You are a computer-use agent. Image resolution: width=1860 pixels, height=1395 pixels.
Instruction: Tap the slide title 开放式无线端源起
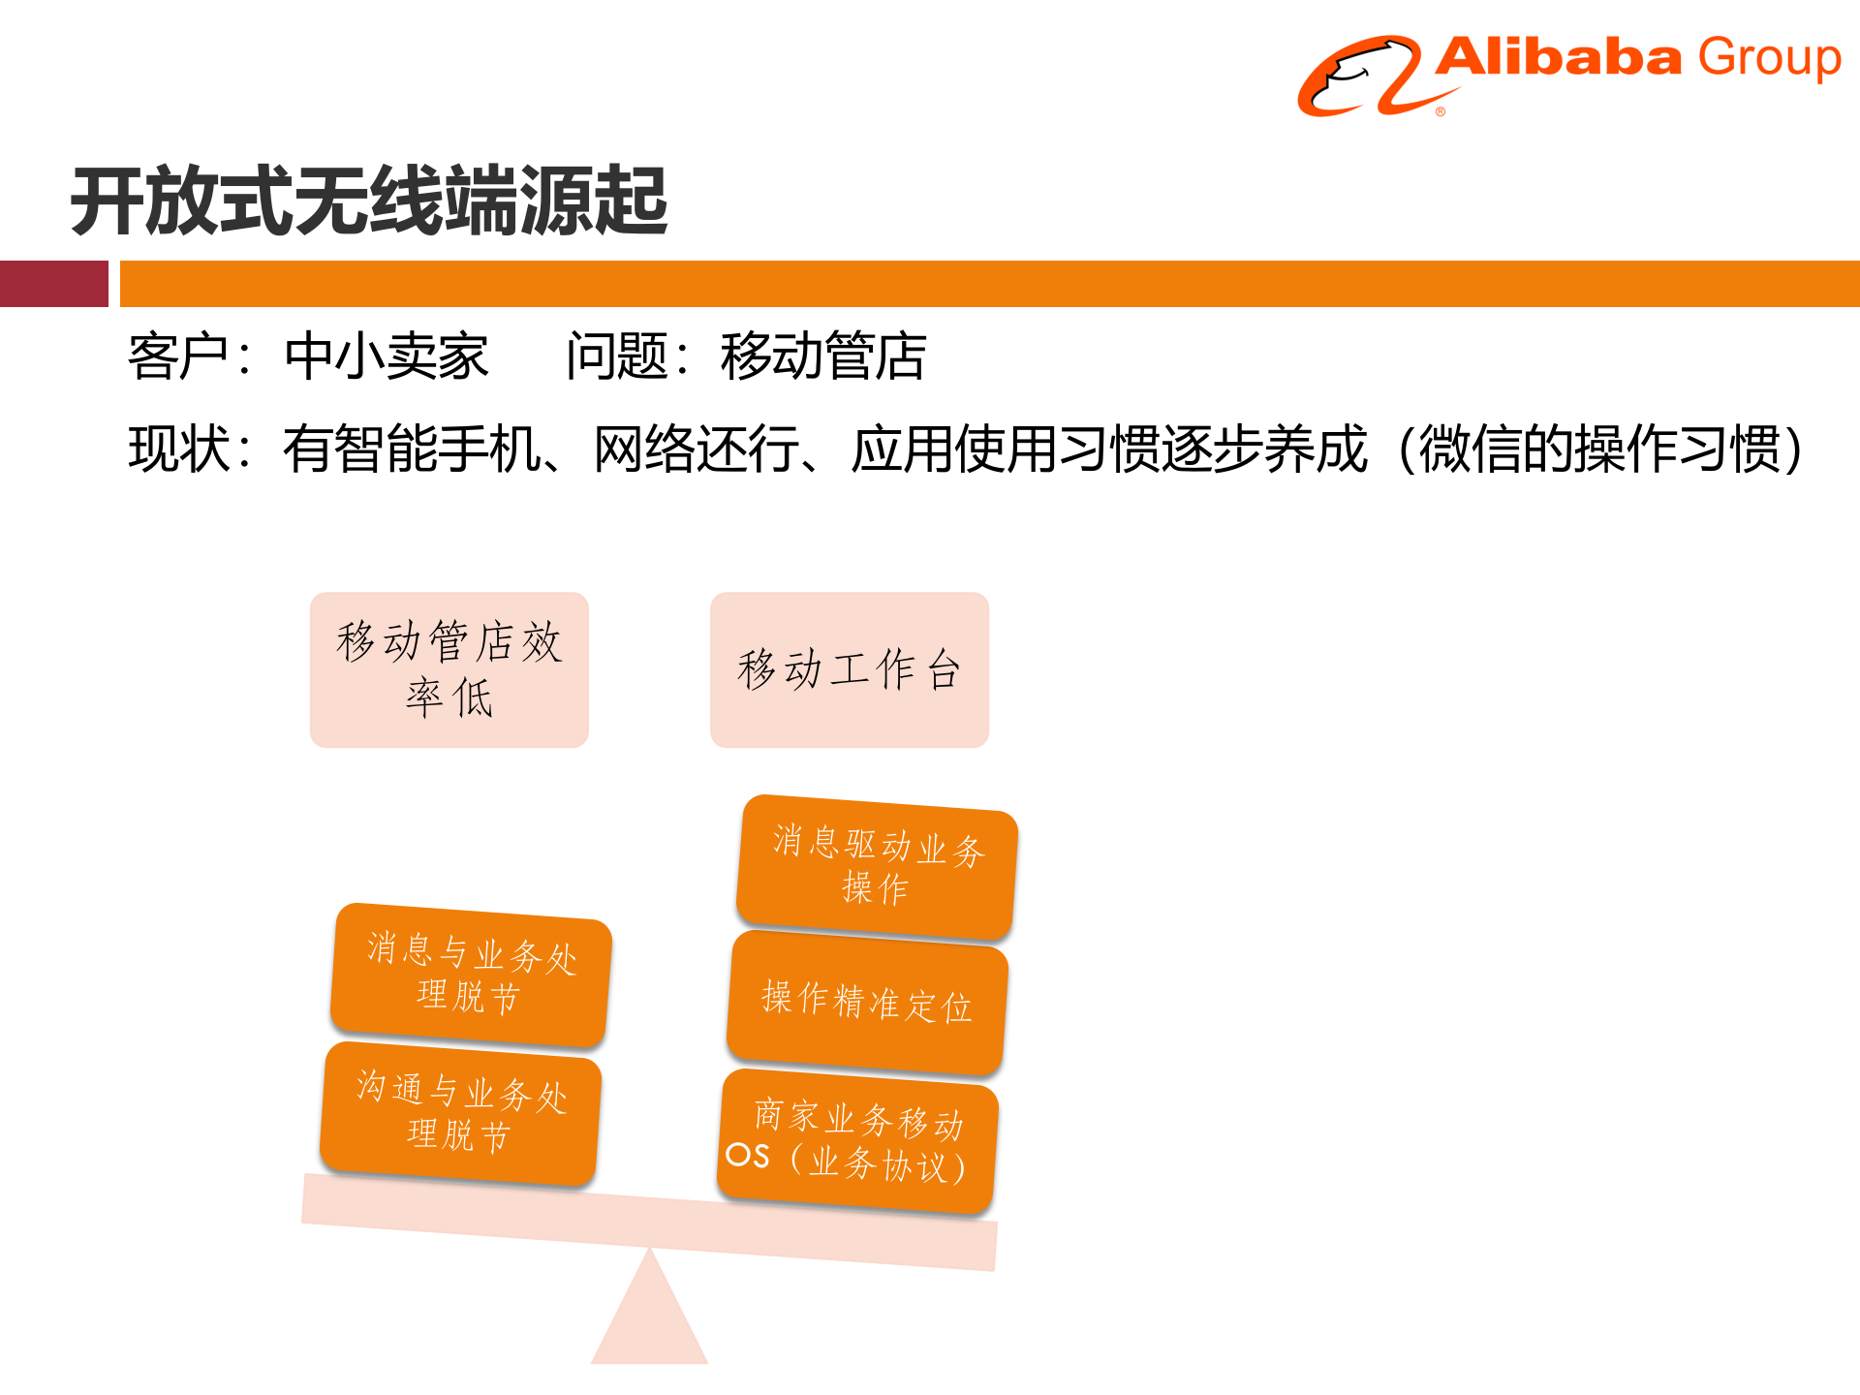pyautogui.click(x=369, y=201)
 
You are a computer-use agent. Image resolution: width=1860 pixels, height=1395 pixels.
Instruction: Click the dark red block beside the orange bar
pyautogui.click(x=53, y=284)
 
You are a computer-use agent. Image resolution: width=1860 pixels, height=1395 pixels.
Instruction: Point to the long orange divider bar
pyautogui.click(x=988, y=284)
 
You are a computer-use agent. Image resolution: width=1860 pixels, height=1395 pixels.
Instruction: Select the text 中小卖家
pyautogui.click(x=386, y=356)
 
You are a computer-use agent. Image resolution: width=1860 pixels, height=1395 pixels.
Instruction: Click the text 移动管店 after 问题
pyautogui.click(x=822, y=356)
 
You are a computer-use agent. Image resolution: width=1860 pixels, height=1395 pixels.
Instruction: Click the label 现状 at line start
pyautogui.click(x=179, y=449)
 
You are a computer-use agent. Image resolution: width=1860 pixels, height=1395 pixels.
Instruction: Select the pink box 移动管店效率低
pyautogui.click(x=449, y=669)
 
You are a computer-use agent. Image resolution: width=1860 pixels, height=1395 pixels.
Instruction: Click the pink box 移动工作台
pyautogui.click(x=849, y=669)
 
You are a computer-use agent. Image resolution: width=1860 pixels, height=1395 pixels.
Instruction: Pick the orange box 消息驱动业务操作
pyautogui.click(x=877, y=866)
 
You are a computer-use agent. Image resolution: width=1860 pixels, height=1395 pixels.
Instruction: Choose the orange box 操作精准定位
pyautogui.click(x=867, y=1003)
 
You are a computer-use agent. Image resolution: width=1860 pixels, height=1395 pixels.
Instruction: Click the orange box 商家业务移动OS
pyautogui.click(x=858, y=1141)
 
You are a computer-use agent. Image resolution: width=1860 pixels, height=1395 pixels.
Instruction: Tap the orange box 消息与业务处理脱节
pyautogui.click(x=471, y=974)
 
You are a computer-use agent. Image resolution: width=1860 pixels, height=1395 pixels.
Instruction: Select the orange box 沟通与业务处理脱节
pyautogui.click(x=461, y=1112)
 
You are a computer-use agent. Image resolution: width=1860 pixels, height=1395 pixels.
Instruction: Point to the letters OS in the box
pyautogui.click(x=748, y=1155)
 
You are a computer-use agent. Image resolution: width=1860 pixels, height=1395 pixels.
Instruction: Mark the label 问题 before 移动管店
pyautogui.click(x=616, y=356)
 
